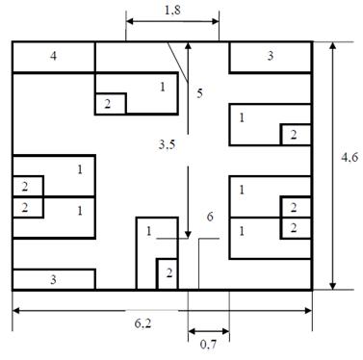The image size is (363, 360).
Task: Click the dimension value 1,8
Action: coord(172,11)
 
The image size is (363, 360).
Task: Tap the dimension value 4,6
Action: coord(350,157)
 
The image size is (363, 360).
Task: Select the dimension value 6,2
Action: coord(143,323)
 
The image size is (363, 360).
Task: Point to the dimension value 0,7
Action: coord(208,345)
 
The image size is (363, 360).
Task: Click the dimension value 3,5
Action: coord(167,144)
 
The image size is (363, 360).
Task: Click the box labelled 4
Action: coord(54,57)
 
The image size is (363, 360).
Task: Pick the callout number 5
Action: coord(199,93)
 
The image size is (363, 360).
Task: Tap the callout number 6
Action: coord(210,217)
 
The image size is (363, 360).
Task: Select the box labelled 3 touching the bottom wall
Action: coord(54,279)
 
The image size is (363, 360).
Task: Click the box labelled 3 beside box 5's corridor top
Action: coord(271,57)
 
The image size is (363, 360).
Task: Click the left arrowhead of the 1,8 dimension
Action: coord(130,21)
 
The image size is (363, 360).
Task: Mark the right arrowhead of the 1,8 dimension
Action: coord(215,21)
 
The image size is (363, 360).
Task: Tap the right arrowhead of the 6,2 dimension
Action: coord(308,310)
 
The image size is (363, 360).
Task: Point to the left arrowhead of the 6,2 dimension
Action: coord(16,310)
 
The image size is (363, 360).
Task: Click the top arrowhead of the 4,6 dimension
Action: coord(333,45)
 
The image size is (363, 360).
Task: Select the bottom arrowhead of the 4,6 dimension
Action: coord(333,286)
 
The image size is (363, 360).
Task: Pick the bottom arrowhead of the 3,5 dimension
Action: coord(188,235)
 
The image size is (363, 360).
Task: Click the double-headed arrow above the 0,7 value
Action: coord(209,331)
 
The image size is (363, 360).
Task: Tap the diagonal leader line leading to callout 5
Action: coord(177,62)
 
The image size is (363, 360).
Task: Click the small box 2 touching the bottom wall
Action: coord(168,274)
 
